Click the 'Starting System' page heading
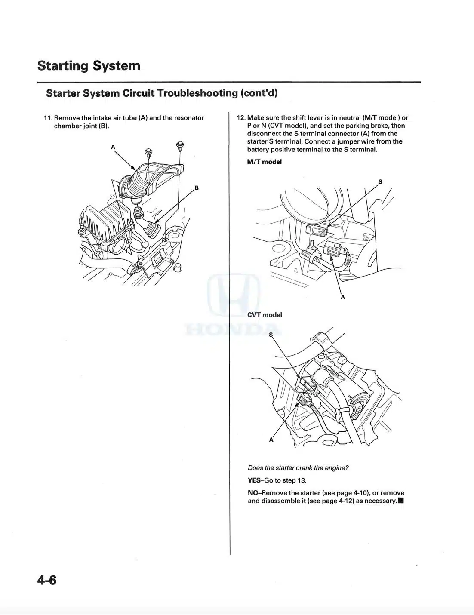point(89,66)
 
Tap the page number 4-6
point(46,580)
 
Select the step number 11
point(48,118)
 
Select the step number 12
point(241,118)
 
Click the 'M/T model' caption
point(264,162)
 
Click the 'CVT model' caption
point(265,315)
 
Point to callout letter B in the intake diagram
point(197,188)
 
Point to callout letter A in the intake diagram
point(113,147)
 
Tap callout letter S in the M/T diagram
point(380,182)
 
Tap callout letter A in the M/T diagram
point(343,297)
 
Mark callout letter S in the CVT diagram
point(271,335)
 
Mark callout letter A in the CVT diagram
point(271,440)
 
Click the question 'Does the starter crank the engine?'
point(298,468)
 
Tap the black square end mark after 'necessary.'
point(400,501)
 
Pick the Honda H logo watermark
point(234,295)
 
